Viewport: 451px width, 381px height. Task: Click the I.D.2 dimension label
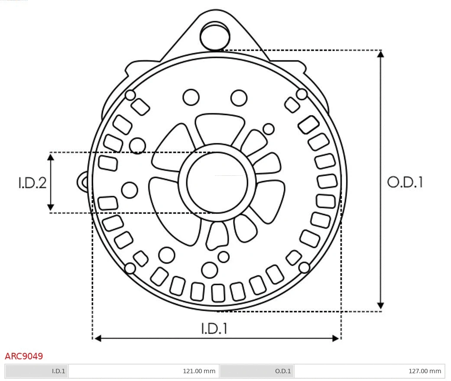pyautogui.click(x=32, y=183)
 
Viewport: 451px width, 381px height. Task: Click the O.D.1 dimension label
pyautogui.click(x=405, y=182)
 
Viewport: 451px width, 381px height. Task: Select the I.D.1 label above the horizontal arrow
pyautogui.click(x=214, y=329)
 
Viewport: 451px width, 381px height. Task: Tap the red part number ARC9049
pyautogui.click(x=24, y=356)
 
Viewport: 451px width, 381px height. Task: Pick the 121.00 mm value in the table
pyautogui.click(x=199, y=371)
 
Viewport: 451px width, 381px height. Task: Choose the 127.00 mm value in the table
pyautogui.click(x=425, y=371)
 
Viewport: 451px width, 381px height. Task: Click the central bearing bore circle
pyautogui.click(x=217, y=182)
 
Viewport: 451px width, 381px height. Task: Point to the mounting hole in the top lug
pyautogui.click(x=214, y=35)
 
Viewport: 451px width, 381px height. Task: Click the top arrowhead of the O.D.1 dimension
pyautogui.click(x=380, y=54)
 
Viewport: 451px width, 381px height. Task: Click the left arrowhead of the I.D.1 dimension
pyautogui.click(x=98, y=338)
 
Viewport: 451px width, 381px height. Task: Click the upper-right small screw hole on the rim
pyautogui.click(x=302, y=94)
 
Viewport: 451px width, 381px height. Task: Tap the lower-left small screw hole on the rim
pyautogui.click(x=130, y=268)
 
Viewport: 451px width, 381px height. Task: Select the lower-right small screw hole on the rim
pyautogui.click(x=305, y=268)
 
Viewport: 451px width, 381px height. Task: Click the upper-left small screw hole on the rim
pyautogui.click(x=130, y=95)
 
